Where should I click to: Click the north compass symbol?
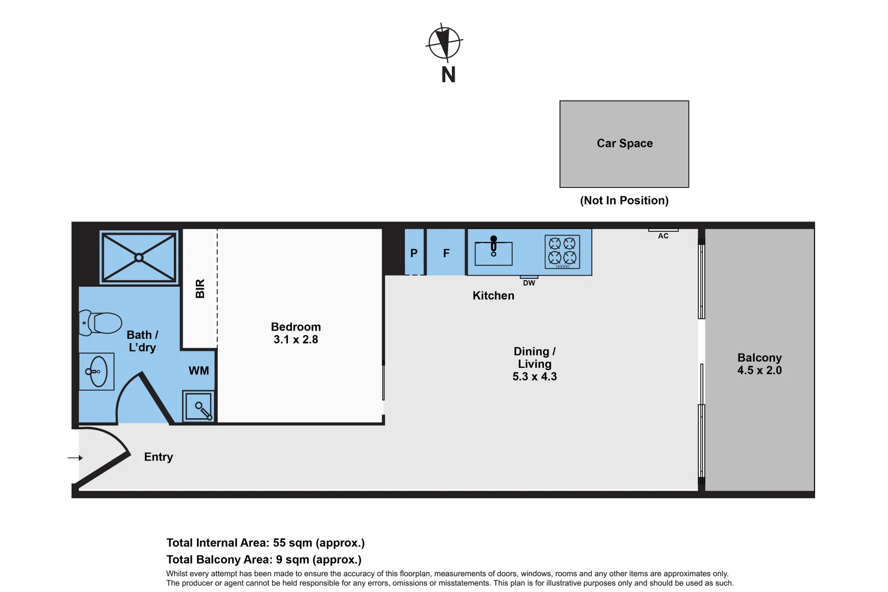click(444, 42)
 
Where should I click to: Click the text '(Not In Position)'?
click(624, 201)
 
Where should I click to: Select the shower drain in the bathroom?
click(139, 257)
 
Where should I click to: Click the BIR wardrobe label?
click(200, 288)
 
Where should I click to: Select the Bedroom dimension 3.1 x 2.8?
click(296, 340)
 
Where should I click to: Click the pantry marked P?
click(414, 253)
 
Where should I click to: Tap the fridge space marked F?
click(446, 253)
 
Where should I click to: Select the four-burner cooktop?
click(562, 252)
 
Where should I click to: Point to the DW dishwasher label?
click(529, 283)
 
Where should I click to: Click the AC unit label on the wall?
click(663, 236)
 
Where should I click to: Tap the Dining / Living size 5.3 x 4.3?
click(534, 377)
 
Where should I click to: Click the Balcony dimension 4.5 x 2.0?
click(759, 371)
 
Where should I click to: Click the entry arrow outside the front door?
click(75, 458)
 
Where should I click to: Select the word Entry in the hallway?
click(159, 457)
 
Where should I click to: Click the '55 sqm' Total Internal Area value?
click(292, 543)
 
